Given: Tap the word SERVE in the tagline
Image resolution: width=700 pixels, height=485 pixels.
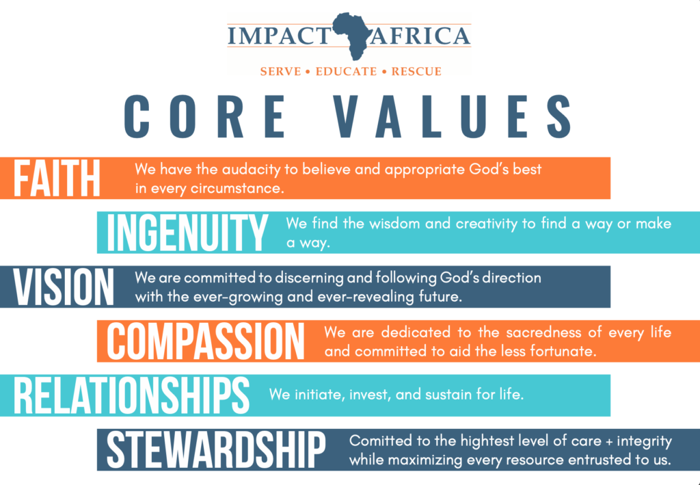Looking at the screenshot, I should [280, 71].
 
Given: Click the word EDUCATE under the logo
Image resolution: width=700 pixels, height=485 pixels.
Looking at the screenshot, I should [347, 71].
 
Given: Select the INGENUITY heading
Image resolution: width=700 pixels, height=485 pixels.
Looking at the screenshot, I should [187, 233].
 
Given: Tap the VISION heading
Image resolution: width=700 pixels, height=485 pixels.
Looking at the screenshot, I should [64, 287].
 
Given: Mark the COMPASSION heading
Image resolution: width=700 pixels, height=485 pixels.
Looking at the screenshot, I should [205, 341].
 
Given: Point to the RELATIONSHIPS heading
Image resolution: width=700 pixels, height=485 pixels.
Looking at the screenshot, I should [131, 395].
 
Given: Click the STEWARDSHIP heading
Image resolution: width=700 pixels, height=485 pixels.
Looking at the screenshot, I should [216, 449].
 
